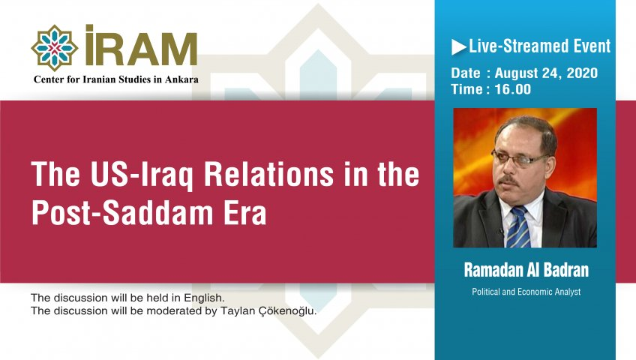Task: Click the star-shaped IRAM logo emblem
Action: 54,47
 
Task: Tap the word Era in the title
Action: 246,213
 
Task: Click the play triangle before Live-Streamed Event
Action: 458,46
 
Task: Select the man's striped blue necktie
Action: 517,226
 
